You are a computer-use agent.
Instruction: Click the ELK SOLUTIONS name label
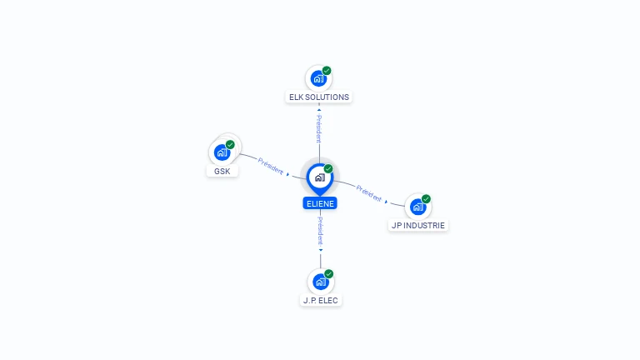[x=319, y=97]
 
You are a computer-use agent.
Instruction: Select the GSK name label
[x=222, y=171]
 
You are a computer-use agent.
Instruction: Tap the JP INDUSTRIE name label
[x=418, y=225]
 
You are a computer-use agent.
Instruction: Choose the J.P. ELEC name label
[x=320, y=300]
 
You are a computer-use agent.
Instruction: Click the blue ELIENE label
[x=320, y=203]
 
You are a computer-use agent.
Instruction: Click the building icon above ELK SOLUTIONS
[x=318, y=78]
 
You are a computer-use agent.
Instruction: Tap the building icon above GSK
[x=222, y=152]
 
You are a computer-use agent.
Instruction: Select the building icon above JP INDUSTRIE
[x=418, y=207]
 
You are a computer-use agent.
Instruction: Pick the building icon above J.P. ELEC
[x=320, y=282]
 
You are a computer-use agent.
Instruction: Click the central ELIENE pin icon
[x=320, y=178]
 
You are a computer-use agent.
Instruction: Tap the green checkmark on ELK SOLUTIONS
[x=327, y=71]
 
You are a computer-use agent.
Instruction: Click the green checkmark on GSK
[x=230, y=144]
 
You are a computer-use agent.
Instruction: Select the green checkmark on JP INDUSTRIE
[x=426, y=199]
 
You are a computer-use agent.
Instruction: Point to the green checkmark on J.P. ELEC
[x=328, y=274]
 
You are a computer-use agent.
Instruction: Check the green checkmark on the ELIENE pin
[x=328, y=168]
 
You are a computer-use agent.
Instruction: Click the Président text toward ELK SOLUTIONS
[x=319, y=128]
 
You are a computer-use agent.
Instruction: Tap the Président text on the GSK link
[x=271, y=166]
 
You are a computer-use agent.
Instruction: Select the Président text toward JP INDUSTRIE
[x=368, y=193]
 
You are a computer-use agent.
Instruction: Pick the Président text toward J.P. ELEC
[x=320, y=231]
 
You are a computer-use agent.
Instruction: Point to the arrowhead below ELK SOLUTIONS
[x=319, y=109]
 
